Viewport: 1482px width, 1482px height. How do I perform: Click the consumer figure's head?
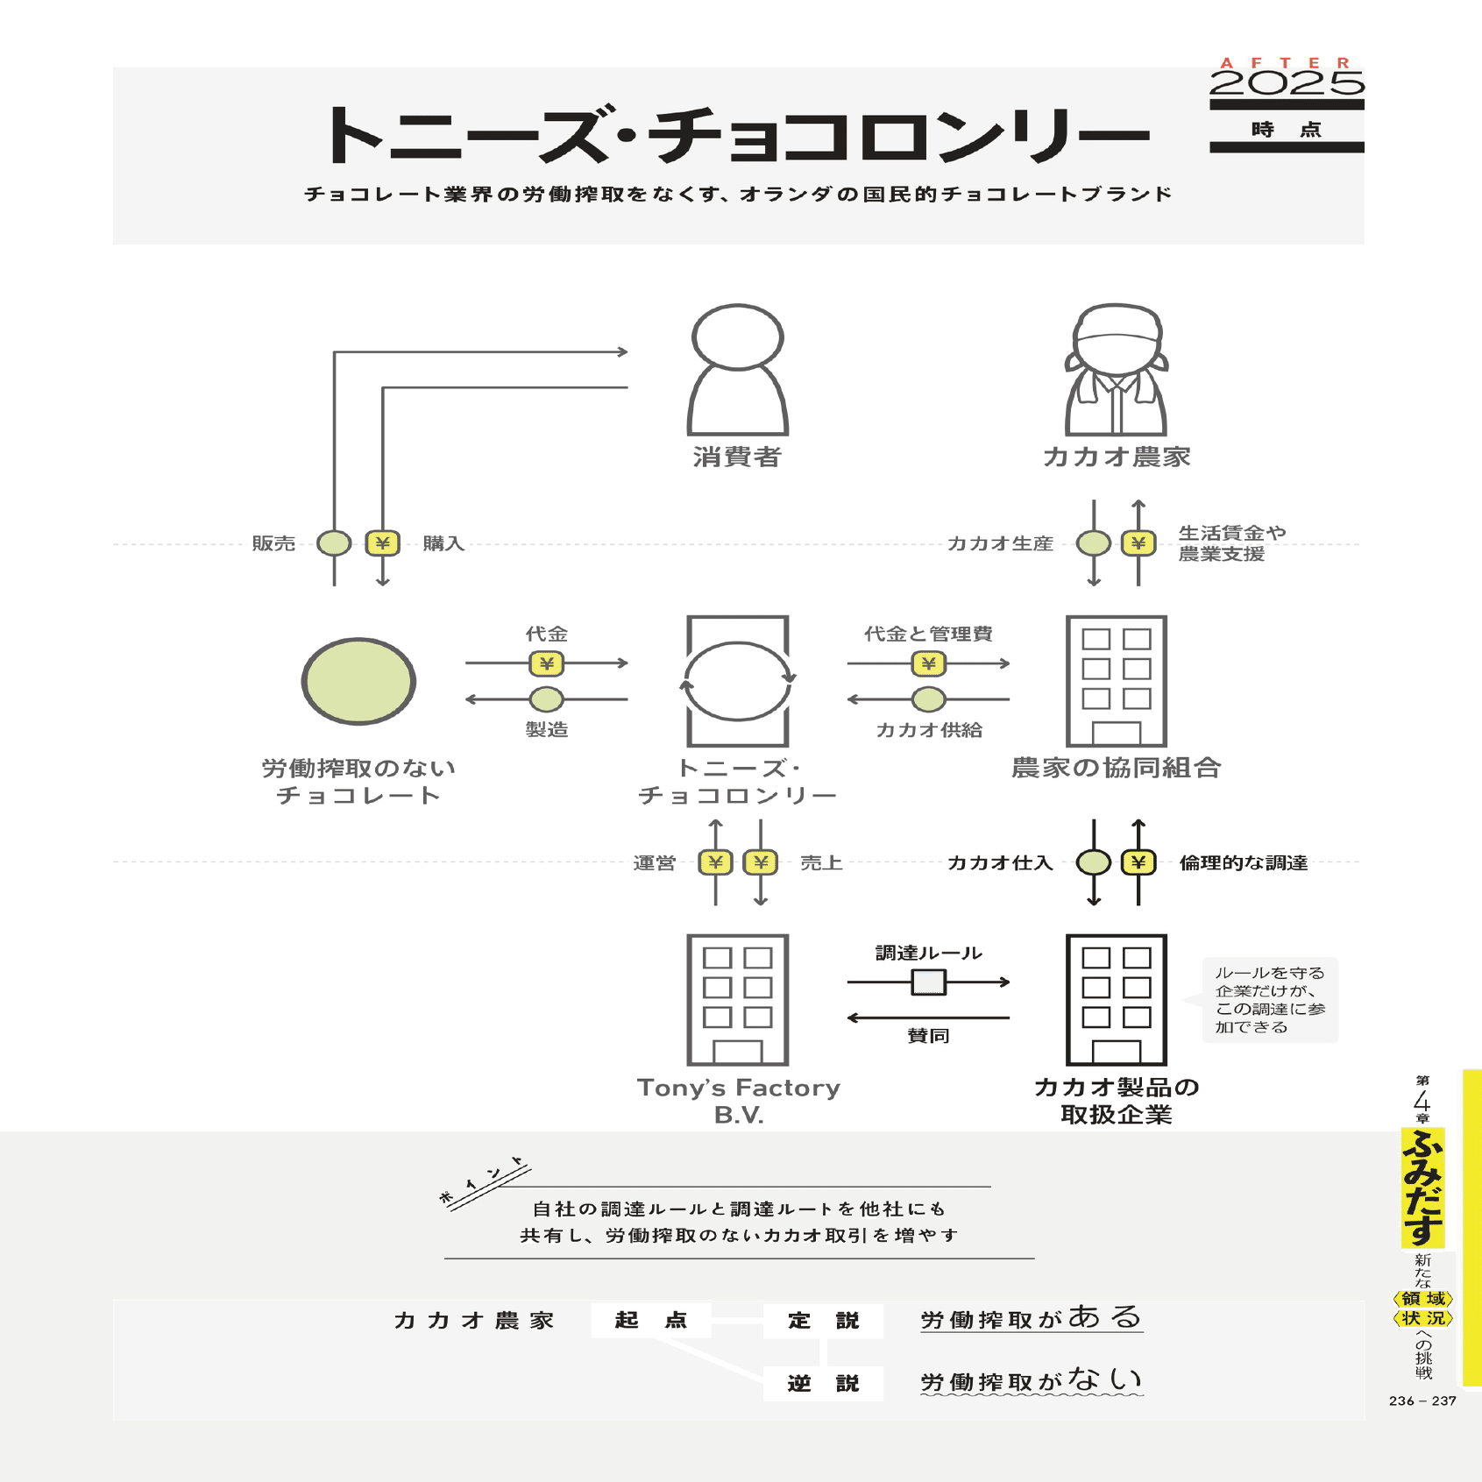[x=737, y=337]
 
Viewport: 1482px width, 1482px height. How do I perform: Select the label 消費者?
[x=737, y=457]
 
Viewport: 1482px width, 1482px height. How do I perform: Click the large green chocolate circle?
[x=358, y=681]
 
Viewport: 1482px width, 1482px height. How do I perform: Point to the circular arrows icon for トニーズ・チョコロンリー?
[x=737, y=681]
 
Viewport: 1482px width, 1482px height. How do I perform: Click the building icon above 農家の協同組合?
[x=1116, y=681]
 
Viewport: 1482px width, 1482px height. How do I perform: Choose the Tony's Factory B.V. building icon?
[x=737, y=1000]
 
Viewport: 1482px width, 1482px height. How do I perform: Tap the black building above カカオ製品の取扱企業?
[x=1116, y=1000]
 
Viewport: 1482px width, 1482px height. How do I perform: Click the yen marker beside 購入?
[x=382, y=543]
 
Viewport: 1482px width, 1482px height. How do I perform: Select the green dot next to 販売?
[x=334, y=543]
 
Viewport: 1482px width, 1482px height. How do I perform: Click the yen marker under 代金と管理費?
[x=928, y=663]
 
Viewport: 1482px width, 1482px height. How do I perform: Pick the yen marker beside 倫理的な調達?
[x=1138, y=862]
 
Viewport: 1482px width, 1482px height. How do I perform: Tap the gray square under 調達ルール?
[x=928, y=982]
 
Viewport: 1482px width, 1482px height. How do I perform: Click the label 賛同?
[x=928, y=1036]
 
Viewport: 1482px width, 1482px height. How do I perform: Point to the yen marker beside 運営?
[x=715, y=862]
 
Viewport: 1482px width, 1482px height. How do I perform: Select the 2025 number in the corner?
[x=1287, y=83]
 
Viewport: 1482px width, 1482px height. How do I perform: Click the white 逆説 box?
[x=823, y=1383]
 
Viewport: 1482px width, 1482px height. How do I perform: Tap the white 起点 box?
[x=650, y=1320]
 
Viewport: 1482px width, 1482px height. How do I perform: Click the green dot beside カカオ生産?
[x=1093, y=543]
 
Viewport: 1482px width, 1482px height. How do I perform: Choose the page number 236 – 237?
[x=1422, y=1400]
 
